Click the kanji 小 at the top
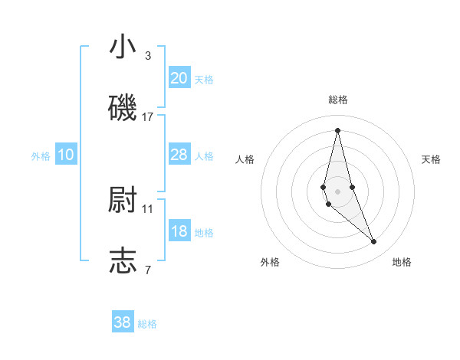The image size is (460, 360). (x=123, y=47)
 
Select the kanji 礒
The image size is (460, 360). (x=123, y=108)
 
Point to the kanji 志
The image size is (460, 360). (x=123, y=260)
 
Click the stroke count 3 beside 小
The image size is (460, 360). (x=148, y=55)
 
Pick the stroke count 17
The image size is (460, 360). (x=148, y=116)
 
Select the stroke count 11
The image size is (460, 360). (x=148, y=208)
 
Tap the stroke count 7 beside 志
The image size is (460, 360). (x=148, y=270)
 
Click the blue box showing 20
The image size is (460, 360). (x=179, y=77)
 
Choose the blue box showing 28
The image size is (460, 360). (x=179, y=155)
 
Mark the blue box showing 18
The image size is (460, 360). (x=179, y=231)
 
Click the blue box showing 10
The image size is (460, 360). (x=66, y=155)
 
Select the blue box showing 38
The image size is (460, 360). (x=123, y=322)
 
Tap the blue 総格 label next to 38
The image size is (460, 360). (x=147, y=324)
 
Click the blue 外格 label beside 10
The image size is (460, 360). (x=41, y=155)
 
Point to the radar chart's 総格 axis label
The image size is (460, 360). (x=337, y=100)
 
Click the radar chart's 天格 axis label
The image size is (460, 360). (x=431, y=159)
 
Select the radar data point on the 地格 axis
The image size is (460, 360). (x=374, y=242)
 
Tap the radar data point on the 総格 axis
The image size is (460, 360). (x=337, y=129)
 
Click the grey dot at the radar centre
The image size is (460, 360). (x=337, y=191)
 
